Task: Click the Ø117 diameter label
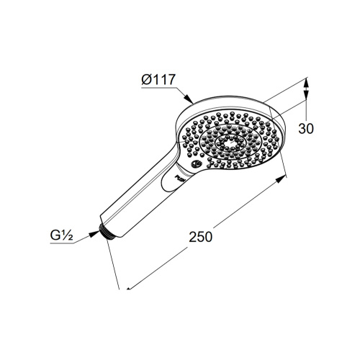[x=158, y=79]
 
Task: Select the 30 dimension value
[x=306, y=129]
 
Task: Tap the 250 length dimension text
[x=201, y=237]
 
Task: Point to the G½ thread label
[x=61, y=235]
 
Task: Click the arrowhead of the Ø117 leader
[x=189, y=99]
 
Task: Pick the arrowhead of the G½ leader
[x=94, y=234]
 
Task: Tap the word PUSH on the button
[x=180, y=178]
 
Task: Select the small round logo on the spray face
[x=197, y=164]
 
